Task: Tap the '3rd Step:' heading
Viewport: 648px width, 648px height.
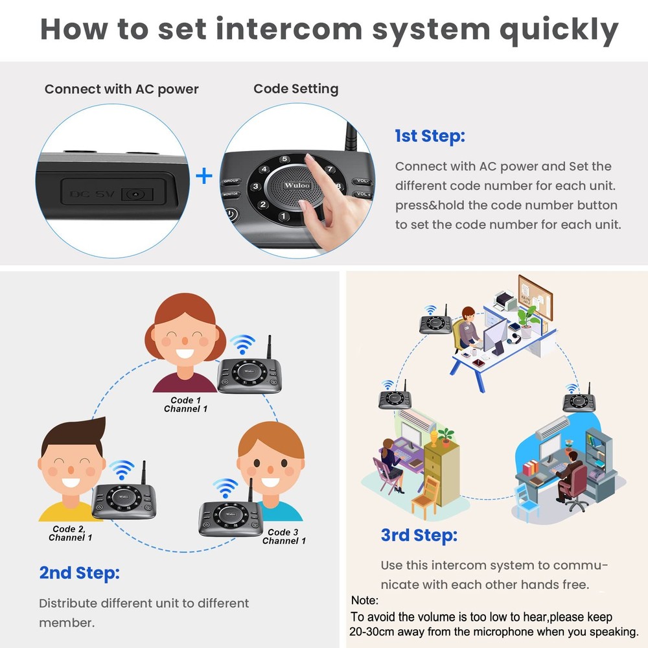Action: point(419,535)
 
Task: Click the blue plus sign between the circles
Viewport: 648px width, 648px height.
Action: point(204,176)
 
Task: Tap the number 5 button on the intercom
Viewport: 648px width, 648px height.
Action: point(284,159)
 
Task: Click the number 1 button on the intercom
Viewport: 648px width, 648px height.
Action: point(283,216)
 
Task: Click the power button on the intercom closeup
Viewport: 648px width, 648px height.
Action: point(231,214)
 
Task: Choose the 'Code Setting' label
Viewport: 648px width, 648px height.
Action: point(295,89)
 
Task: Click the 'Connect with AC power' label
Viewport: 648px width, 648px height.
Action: point(121,89)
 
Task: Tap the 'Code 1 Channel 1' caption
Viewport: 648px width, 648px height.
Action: point(186,404)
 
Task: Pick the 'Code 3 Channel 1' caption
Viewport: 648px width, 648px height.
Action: point(284,537)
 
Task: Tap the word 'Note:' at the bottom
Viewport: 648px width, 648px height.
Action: point(364,601)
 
